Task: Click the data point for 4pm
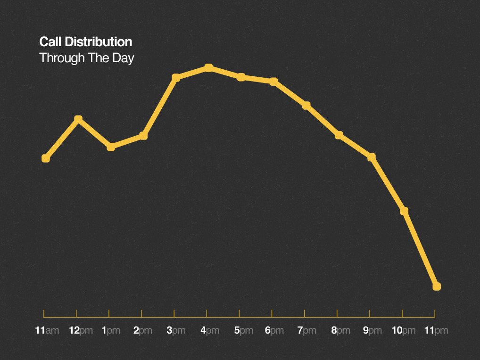tap(208, 68)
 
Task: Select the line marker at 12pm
tap(78, 119)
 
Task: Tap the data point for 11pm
tap(437, 286)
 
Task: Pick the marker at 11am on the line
tap(46, 158)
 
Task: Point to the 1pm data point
tap(111, 147)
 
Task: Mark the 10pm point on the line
tap(404, 211)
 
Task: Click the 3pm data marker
tap(176, 77)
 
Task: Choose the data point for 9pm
tap(372, 157)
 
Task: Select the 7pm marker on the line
tap(306, 105)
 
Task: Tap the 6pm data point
tap(273, 82)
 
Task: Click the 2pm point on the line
tap(144, 136)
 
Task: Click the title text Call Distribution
tap(85, 42)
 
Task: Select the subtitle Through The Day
tap(87, 58)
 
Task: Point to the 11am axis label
tap(47, 330)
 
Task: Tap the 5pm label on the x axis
tap(244, 330)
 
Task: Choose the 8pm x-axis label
tap(340, 330)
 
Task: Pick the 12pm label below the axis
tap(81, 330)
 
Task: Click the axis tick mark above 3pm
tap(174, 313)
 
